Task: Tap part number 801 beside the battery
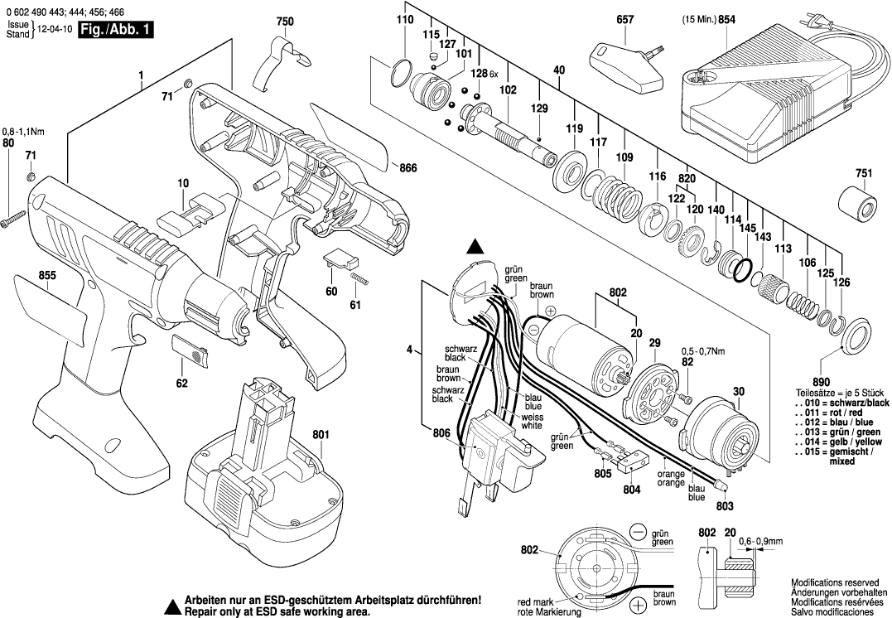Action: point(321,433)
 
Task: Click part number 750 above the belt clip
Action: point(285,20)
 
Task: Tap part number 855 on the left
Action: point(46,276)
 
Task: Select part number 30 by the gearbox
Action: point(740,391)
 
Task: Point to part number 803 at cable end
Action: point(726,505)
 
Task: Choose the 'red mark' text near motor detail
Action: point(535,601)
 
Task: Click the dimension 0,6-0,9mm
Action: point(761,541)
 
